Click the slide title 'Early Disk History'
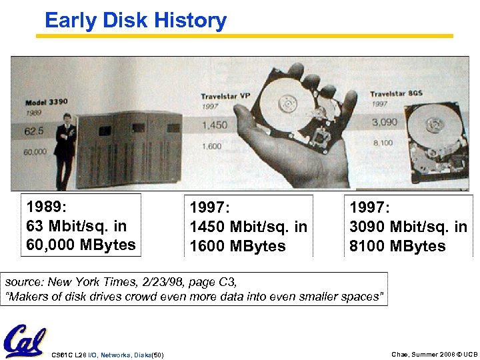coord(135,21)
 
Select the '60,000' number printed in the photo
coord(35,152)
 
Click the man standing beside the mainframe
coord(65,143)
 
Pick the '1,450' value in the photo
coord(214,125)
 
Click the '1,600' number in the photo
coord(211,147)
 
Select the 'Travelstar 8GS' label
coord(396,93)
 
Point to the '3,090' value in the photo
coord(385,122)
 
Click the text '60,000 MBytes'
coord(81,245)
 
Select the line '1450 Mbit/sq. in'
coord(249,227)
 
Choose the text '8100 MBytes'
coord(398,246)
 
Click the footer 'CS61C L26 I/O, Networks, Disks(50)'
coord(107,354)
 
